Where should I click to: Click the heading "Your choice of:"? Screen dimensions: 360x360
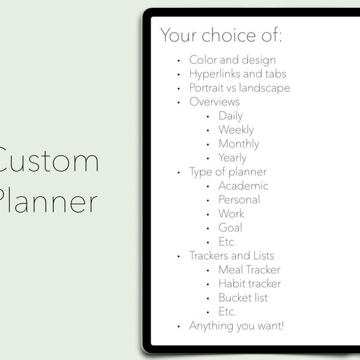click(220, 35)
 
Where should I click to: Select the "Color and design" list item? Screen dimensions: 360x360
click(232, 60)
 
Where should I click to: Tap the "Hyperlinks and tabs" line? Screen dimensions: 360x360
click(238, 74)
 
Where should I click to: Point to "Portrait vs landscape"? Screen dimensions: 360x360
click(239, 88)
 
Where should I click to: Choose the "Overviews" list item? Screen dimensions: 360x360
click(214, 102)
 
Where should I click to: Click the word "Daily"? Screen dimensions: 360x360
click(230, 116)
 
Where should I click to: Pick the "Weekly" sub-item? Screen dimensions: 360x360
click(236, 130)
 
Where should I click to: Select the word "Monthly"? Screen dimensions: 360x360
click(239, 144)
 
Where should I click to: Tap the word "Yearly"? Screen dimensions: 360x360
click(232, 158)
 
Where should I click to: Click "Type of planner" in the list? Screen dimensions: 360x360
click(228, 172)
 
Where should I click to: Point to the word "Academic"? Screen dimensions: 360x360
click(243, 186)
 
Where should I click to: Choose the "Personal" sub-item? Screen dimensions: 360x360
click(239, 200)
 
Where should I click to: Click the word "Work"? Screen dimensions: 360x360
click(231, 214)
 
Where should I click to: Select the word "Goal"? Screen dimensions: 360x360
click(230, 228)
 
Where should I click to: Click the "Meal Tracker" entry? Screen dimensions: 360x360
click(249, 270)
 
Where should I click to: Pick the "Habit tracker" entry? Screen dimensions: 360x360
click(250, 284)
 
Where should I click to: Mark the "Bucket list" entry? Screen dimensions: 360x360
click(243, 298)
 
